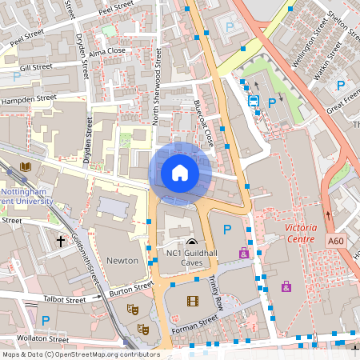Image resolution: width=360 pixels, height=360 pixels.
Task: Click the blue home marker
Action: click(x=179, y=173)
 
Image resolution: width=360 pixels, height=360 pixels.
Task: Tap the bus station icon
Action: click(x=253, y=102)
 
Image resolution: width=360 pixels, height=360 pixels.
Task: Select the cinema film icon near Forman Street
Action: click(x=192, y=301)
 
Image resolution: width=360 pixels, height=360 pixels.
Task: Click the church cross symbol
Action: click(x=60, y=240)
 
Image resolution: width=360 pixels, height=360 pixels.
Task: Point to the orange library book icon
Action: click(x=25, y=166)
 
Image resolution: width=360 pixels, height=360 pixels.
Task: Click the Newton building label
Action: click(x=122, y=261)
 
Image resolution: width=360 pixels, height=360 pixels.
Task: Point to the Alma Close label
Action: click(x=107, y=50)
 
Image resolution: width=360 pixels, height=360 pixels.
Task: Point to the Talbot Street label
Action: click(x=66, y=300)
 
